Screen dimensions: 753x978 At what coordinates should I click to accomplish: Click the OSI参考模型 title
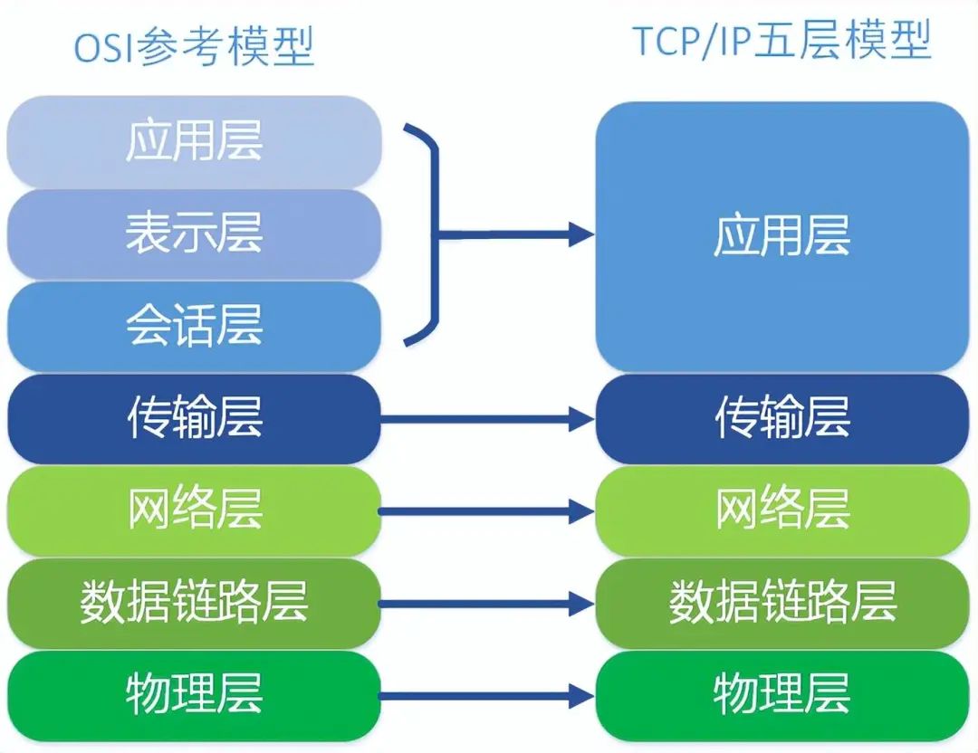(194, 47)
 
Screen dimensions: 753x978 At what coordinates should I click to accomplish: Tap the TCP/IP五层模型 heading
(781, 41)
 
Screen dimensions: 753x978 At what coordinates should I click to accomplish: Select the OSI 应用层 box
(194, 142)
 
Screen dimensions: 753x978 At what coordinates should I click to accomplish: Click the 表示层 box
(194, 234)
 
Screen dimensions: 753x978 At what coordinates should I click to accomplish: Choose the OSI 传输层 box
(194, 418)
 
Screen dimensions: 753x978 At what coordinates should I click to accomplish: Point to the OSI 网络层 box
(194, 510)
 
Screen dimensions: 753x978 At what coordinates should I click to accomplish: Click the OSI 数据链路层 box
(194, 603)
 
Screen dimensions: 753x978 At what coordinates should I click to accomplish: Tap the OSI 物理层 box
(194, 695)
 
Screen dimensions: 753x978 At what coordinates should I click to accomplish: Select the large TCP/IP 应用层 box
(781, 237)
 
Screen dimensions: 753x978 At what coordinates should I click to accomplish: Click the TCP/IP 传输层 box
(781, 418)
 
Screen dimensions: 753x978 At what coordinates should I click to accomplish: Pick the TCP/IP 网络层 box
(781, 510)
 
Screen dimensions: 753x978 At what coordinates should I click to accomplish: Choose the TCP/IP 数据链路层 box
(781, 603)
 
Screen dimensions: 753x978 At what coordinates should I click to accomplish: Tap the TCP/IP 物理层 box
(781, 695)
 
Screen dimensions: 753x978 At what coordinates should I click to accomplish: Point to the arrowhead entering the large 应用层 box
(580, 235)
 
